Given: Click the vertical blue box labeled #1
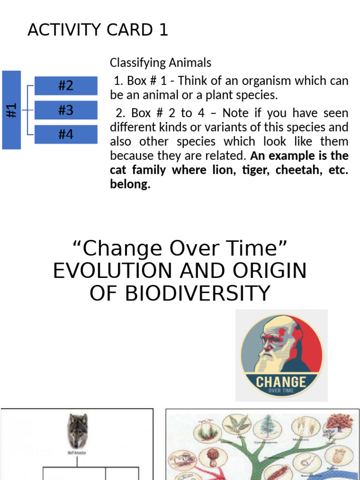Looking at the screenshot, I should click(12, 110).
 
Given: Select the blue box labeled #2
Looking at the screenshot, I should click(66, 86).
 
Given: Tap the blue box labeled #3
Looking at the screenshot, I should click(66, 110).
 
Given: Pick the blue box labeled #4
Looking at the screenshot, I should click(66, 135).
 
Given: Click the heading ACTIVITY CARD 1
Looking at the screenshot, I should click(97, 30).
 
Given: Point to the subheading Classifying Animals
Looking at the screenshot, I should click(160, 62).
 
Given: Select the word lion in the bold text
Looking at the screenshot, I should click(220, 170).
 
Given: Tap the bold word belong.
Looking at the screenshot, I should click(130, 184).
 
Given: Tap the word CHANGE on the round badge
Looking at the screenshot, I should click(281, 382).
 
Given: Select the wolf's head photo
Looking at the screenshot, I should click(77, 430).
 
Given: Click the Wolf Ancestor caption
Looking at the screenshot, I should click(77, 453).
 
